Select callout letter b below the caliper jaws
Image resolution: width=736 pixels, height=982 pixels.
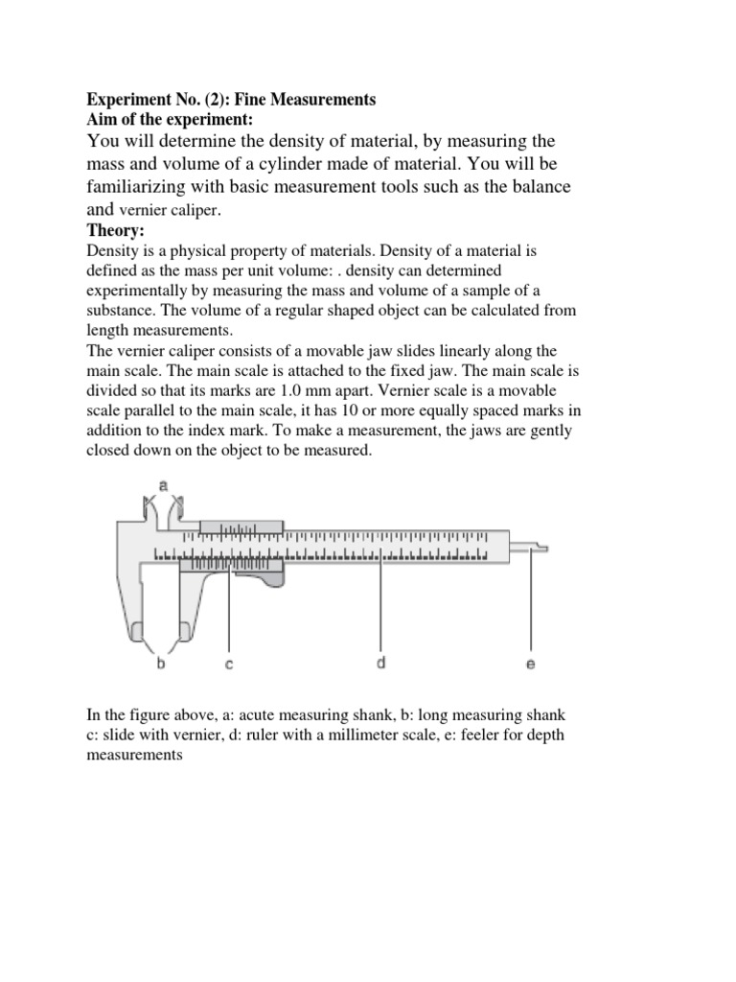pyautogui.click(x=161, y=662)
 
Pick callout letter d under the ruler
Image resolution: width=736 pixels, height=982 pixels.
pyautogui.click(x=380, y=662)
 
